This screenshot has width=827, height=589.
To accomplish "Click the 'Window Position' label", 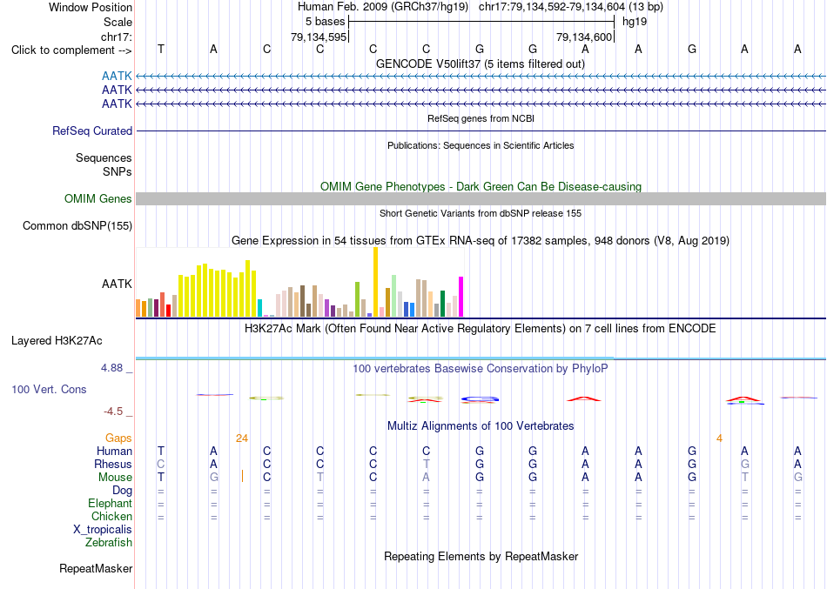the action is click(x=91, y=7).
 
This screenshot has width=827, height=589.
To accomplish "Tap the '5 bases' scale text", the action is click(x=325, y=22).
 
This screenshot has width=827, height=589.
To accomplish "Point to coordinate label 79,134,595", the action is click(x=319, y=37).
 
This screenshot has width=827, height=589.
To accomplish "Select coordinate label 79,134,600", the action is click(x=584, y=37).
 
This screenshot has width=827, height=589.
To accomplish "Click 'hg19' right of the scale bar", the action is click(x=635, y=22).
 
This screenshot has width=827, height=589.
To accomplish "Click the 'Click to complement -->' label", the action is click(x=71, y=50).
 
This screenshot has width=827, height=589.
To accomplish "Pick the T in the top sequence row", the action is click(x=161, y=49).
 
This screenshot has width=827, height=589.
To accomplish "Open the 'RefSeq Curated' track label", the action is click(x=92, y=131).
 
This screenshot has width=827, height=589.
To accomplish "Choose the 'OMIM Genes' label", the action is click(x=98, y=198).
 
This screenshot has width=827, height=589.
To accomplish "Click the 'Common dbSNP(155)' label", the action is click(x=77, y=225).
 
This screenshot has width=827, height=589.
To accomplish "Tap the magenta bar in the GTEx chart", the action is click(x=461, y=297).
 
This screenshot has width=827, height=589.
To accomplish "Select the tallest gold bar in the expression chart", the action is click(x=375, y=282).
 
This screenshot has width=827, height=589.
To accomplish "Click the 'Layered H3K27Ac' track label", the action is click(x=57, y=341).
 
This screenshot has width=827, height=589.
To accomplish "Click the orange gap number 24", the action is click(x=241, y=438).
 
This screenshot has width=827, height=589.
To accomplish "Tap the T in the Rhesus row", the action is click(x=427, y=464).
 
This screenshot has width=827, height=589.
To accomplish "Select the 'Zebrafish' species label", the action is click(x=109, y=543).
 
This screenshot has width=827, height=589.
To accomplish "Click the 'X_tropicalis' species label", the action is click(x=103, y=530).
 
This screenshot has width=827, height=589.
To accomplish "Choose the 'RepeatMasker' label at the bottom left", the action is click(x=96, y=568).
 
